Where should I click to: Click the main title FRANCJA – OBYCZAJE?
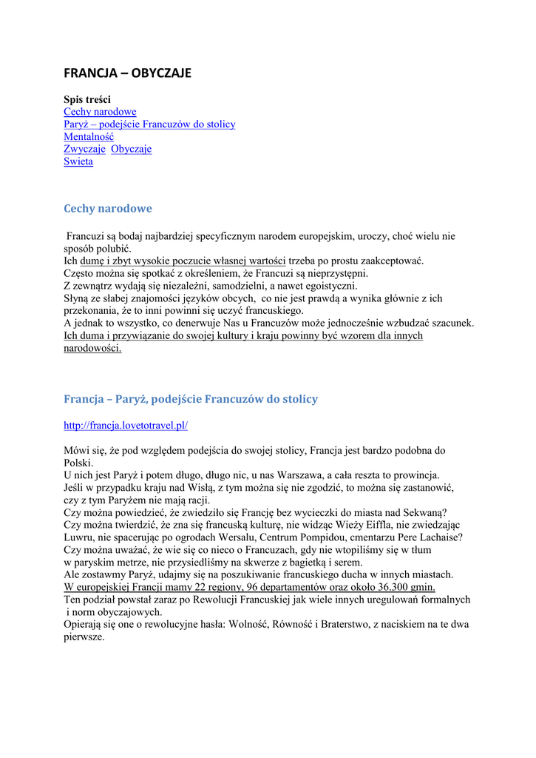[127, 73]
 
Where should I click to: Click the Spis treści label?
[87, 99]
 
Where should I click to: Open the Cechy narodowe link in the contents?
[100, 112]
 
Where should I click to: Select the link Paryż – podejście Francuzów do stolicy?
[149, 124]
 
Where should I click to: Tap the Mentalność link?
[89, 137]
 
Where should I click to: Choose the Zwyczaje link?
[84, 150]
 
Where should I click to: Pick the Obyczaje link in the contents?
[132, 150]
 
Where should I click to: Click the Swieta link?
[78, 162]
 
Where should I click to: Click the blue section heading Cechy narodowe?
[108, 209]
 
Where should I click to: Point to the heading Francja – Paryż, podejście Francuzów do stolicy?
[191, 399]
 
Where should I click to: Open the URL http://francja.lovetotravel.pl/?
[126, 426]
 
